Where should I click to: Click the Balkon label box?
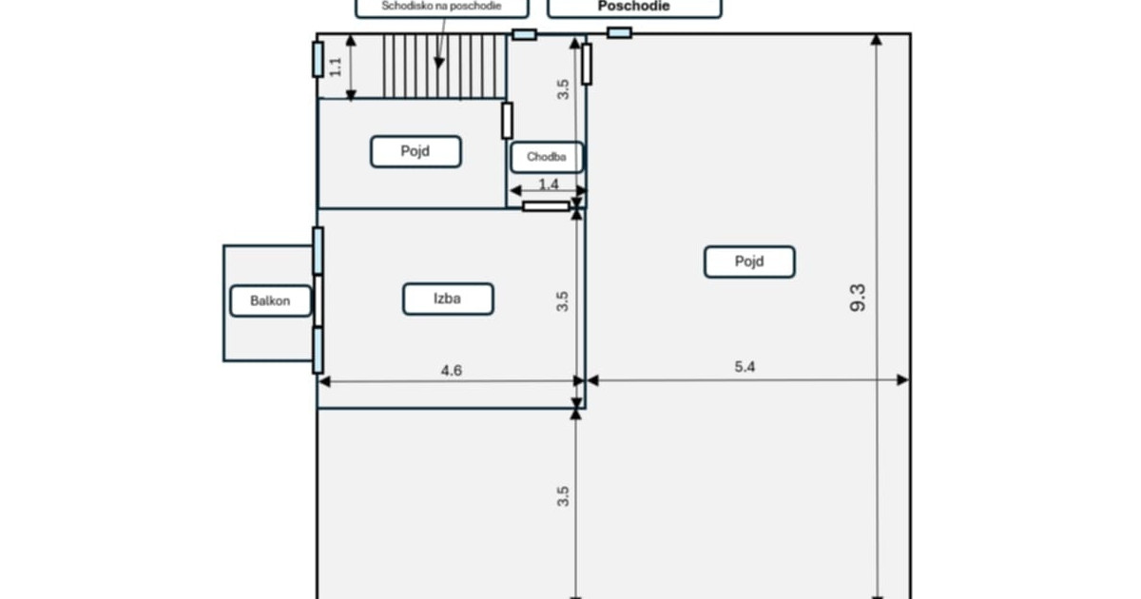(270, 301)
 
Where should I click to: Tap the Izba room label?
(448, 299)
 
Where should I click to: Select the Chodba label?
(547, 158)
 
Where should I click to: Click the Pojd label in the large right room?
(749, 261)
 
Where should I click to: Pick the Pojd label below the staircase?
(416, 151)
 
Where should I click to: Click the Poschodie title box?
(634, 8)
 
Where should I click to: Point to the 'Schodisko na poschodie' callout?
(441, 8)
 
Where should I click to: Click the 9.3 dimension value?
(858, 298)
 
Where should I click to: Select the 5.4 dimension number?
(745, 367)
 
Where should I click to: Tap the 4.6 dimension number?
(452, 370)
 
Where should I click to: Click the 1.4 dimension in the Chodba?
(549, 184)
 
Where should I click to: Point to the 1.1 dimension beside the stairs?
(335, 67)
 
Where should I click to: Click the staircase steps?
(444, 66)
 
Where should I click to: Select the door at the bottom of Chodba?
(546, 206)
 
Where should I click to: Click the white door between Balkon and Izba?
(319, 300)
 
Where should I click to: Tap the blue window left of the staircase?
(318, 60)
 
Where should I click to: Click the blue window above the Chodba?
(524, 34)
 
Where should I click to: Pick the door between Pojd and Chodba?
(507, 121)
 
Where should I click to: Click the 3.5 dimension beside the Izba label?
(562, 301)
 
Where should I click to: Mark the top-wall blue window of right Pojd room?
(619, 33)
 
